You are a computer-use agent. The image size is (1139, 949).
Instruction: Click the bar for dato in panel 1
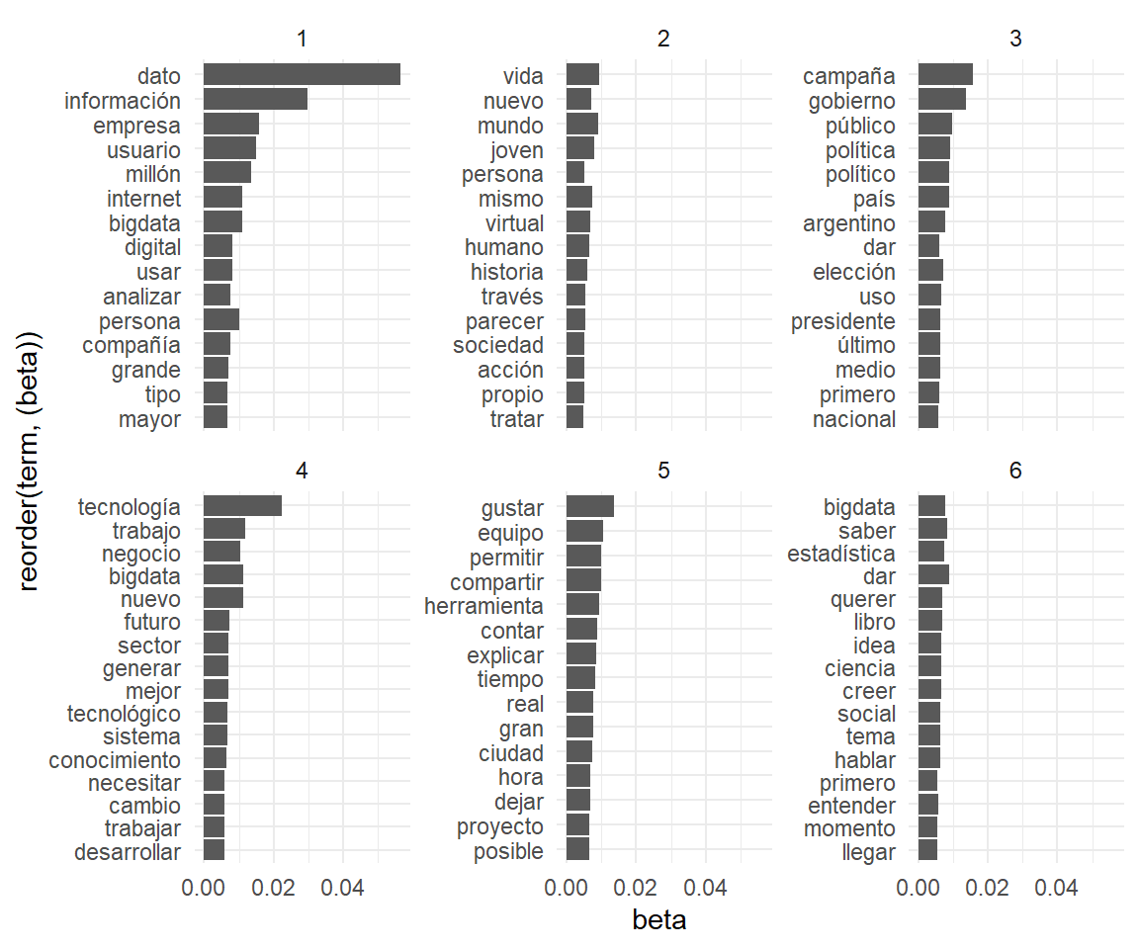point(302,75)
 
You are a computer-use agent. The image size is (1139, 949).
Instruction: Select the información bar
point(255,100)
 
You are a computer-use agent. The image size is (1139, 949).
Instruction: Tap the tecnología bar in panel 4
point(242,507)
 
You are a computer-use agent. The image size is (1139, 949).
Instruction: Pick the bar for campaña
point(945,75)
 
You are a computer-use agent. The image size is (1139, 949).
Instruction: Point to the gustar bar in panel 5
point(590,507)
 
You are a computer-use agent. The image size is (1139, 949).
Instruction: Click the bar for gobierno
point(941,100)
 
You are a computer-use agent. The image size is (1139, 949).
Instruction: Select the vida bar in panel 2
point(582,75)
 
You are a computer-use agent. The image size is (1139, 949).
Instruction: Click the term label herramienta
point(483,605)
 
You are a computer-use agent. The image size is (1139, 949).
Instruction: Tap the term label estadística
point(841,554)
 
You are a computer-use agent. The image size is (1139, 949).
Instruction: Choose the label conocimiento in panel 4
point(115,760)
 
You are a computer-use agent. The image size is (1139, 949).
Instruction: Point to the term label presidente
point(843,321)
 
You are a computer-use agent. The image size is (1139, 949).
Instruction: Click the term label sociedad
point(498,345)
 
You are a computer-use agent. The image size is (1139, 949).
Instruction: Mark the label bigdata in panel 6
point(859,507)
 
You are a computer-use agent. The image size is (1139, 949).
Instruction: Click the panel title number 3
point(1015,40)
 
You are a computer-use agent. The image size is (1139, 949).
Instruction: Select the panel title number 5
point(663,472)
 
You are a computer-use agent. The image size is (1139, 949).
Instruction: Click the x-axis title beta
point(659,920)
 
